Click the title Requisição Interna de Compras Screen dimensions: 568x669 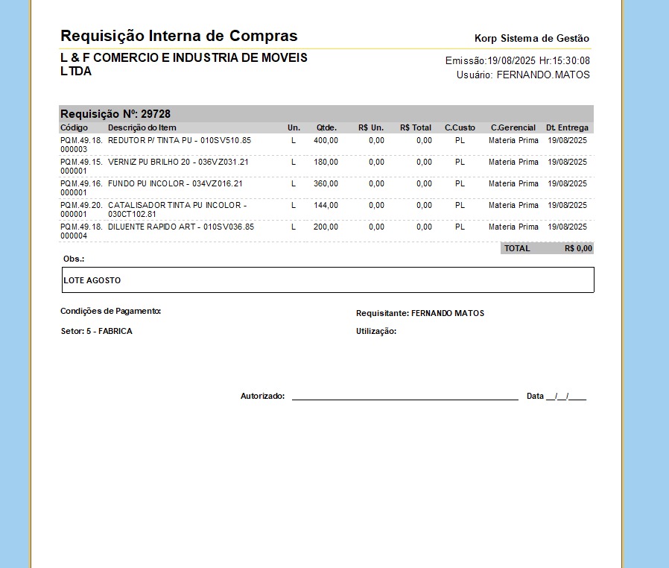179,36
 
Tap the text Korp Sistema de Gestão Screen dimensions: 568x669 531,38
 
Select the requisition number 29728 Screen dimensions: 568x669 156,114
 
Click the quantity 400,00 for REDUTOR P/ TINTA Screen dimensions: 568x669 326,140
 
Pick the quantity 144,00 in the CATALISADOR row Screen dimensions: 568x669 326,205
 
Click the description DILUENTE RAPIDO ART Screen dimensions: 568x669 181,227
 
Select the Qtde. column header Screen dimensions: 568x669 326,127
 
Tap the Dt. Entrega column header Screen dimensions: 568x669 567,127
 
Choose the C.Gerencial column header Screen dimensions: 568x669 513,127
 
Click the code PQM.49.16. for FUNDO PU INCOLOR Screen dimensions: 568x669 81,183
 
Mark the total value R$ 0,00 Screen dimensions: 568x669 578,248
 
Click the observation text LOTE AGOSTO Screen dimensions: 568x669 92,280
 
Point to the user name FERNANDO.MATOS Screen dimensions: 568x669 543,75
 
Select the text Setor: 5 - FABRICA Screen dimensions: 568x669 96,331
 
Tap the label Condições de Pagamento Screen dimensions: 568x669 110,311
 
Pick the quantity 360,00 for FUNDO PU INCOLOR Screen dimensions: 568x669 326,183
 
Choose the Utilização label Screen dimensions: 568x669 376,331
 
